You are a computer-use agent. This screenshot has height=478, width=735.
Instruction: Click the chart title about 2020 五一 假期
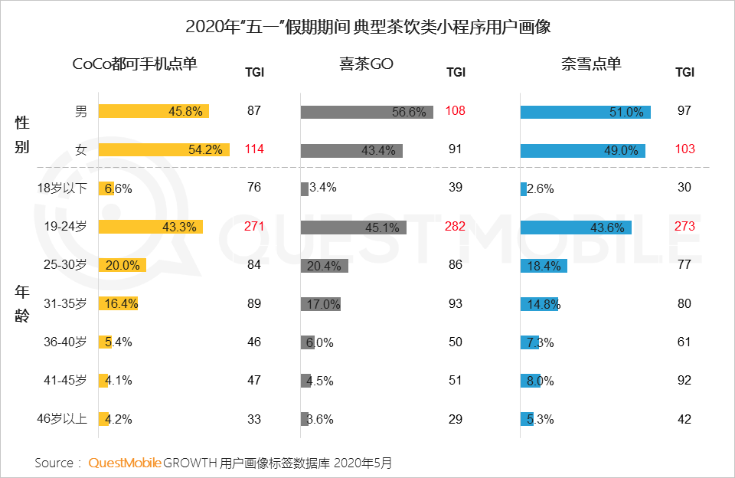[367, 27]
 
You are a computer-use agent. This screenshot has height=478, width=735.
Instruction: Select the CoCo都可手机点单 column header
[135, 64]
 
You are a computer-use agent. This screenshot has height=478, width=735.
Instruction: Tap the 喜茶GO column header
[367, 64]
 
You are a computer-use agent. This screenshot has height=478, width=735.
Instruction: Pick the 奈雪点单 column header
[591, 64]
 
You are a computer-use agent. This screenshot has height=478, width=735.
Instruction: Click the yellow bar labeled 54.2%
[165, 150]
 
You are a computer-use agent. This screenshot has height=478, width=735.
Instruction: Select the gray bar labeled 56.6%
[367, 112]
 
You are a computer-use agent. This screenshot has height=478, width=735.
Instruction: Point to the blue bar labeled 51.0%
[586, 112]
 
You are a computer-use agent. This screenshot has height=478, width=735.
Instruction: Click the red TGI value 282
[456, 227]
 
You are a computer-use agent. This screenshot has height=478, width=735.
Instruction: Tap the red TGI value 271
[254, 227]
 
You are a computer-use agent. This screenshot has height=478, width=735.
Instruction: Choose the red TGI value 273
[684, 227]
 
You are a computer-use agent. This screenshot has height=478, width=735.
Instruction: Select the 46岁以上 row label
[62, 419]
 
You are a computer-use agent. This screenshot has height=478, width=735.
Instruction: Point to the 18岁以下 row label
[62, 188]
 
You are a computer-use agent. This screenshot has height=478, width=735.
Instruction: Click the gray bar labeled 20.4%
[325, 266]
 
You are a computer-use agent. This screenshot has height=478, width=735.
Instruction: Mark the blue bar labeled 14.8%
[540, 304]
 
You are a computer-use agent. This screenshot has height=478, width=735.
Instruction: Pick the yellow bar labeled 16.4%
[118, 304]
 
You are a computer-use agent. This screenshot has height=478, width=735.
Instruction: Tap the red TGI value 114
[254, 150]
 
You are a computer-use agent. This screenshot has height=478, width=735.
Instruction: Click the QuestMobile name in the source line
[125, 463]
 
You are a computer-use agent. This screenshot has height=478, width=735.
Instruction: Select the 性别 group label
[22, 135]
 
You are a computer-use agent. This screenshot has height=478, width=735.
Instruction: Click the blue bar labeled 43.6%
[576, 227]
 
